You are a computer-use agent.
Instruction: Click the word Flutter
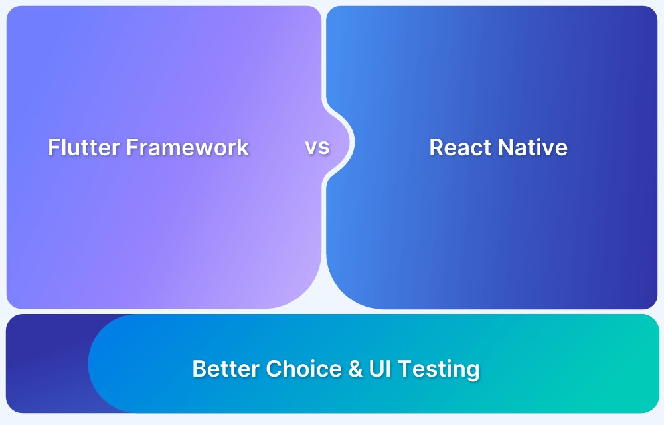click(x=84, y=147)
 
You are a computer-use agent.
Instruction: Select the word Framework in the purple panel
click(x=188, y=147)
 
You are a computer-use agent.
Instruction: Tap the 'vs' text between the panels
click(x=317, y=147)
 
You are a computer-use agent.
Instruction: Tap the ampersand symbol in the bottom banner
click(x=355, y=369)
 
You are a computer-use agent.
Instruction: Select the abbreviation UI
click(x=380, y=369)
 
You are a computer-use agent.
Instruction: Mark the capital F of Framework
click(x=132, y=147)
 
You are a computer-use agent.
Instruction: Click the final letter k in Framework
click(x=243, y=147)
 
